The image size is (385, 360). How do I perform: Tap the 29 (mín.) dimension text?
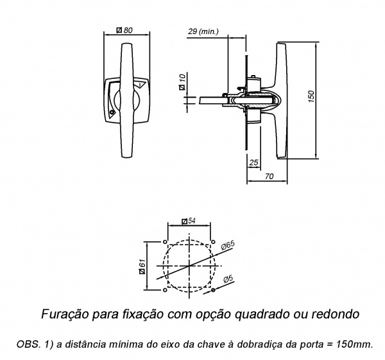coord(203,31)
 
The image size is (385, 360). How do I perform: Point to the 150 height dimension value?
coord(311,96)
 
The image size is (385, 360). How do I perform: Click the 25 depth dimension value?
coord(254,162)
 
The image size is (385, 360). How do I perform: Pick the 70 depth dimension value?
coord(269,176)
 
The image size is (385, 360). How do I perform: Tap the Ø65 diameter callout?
coord(228,245)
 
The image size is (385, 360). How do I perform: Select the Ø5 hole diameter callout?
coord(228,279)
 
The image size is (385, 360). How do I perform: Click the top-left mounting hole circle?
coord(165,242)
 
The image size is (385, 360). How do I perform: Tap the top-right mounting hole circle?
coord(213,242)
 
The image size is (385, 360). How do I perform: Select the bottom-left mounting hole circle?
coord(165,290)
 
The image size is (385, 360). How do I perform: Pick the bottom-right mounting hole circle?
coord(213,290)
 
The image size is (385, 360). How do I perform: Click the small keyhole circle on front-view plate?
coord(112,112)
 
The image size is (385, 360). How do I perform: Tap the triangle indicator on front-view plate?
coord(141,85)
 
